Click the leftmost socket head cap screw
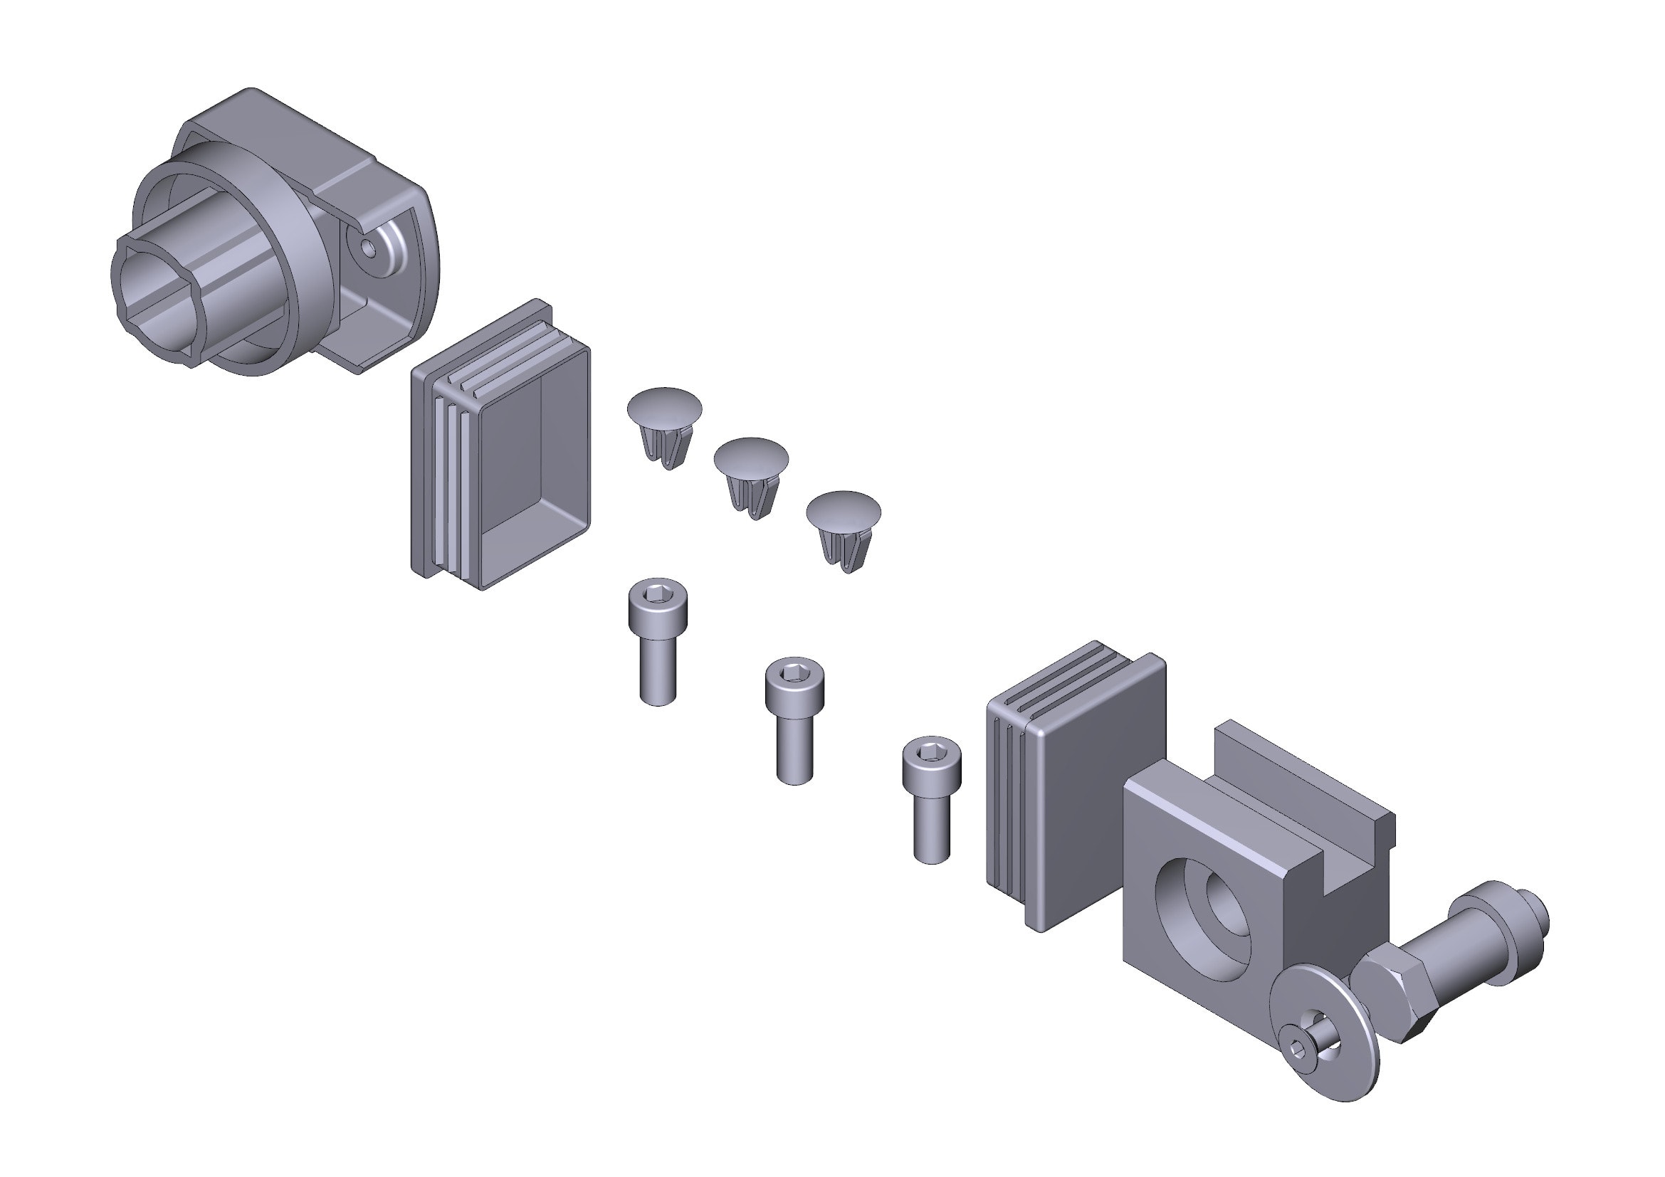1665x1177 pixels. coord(658,645)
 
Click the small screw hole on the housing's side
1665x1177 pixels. coord(370,248)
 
